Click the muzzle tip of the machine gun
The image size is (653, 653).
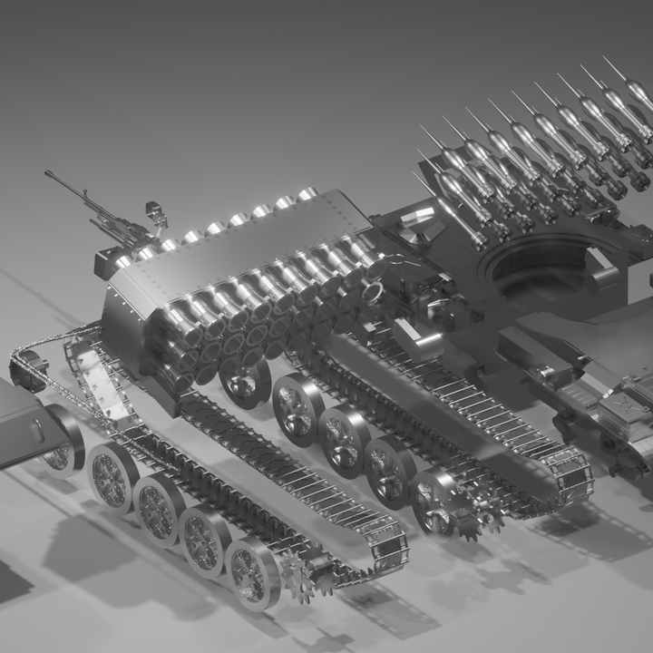point(48,173)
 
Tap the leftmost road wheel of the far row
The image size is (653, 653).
point(243,382)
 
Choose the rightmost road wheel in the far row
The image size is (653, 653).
point(434,500)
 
